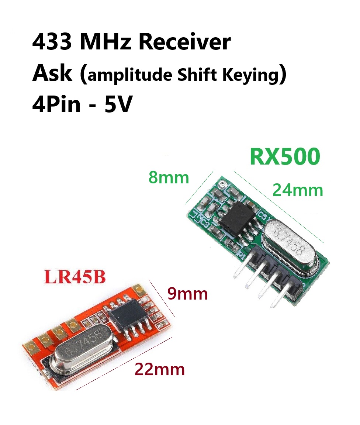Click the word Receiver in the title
pos(184,42)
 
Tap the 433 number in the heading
pos(52,42)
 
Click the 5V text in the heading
pos(118,104)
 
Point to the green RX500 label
pos(285,156)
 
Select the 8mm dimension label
pos(169,178)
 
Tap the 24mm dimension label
pos(298,190)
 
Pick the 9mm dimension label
pos(188,294)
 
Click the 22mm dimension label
pos(159,369)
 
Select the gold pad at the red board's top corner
pos(139,290)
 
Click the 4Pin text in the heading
pos(56,104)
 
